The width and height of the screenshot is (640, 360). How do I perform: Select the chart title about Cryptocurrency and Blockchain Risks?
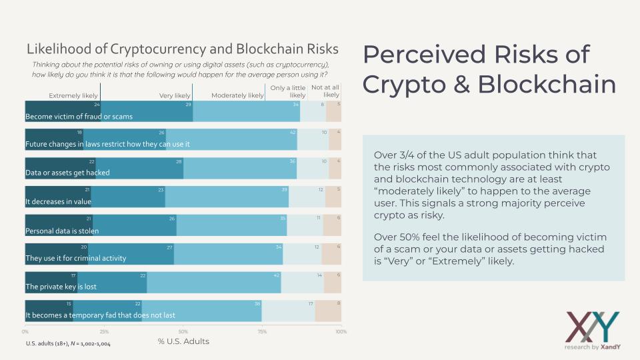[182, 49]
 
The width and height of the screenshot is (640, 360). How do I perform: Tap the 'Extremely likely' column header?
[73, 95]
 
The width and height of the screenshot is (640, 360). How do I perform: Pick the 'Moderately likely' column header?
[237, 95]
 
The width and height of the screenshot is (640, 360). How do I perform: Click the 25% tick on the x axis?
[104, 331]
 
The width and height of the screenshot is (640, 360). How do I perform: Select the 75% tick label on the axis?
[262, 331]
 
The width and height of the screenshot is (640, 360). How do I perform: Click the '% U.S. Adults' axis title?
[183, 341]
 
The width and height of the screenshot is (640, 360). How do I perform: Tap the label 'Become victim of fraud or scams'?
[79, 117]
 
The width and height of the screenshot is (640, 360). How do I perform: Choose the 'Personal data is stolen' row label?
[62, 231]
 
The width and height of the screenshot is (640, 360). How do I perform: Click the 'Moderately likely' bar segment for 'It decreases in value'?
[227, 197]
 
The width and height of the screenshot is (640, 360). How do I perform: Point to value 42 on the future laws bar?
[293, 133]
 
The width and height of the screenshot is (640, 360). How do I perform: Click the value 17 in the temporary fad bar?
[310, 305]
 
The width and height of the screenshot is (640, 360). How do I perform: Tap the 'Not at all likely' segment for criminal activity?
[331, 255]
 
